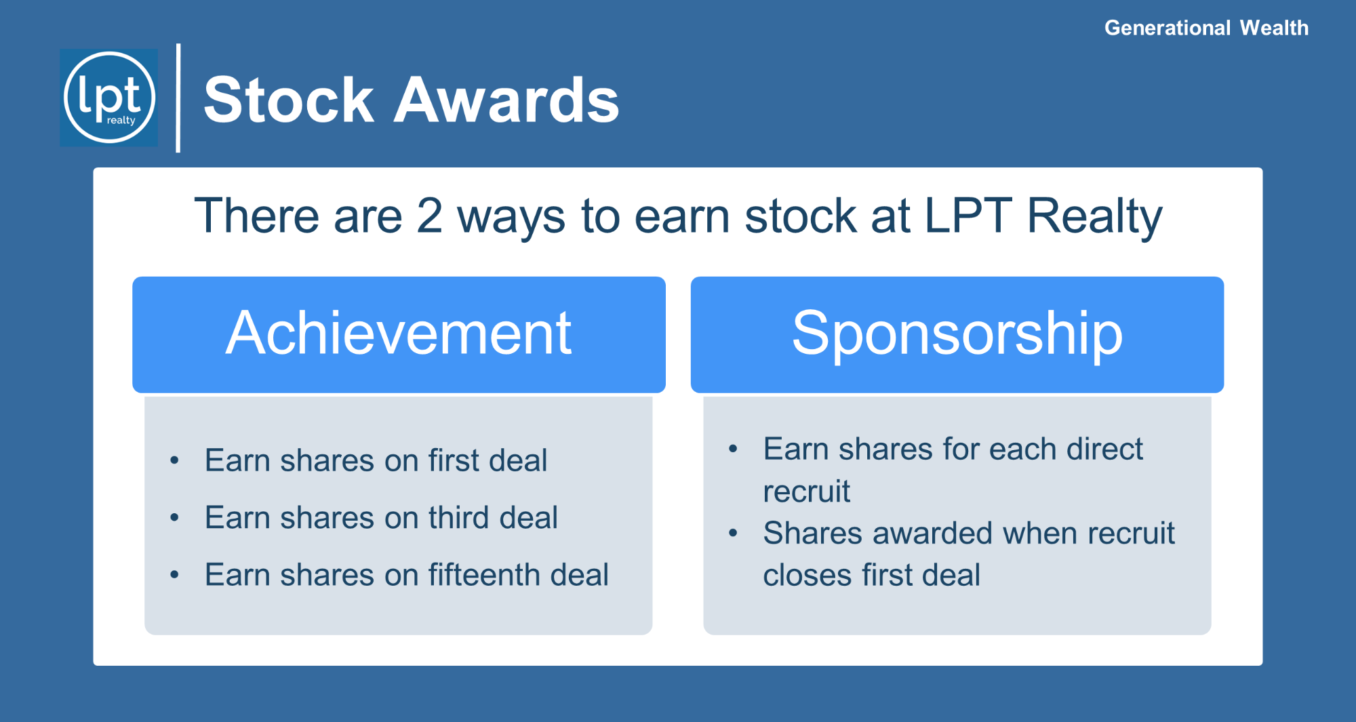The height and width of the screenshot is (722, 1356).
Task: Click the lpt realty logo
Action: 109,98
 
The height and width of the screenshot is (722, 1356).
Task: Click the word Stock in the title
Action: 289,100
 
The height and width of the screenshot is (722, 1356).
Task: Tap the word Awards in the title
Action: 506,100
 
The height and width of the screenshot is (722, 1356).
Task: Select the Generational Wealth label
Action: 1206,28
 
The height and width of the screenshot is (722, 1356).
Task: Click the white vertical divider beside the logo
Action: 178,98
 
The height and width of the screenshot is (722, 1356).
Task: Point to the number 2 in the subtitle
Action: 429,216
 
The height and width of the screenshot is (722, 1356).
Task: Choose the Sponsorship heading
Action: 957,334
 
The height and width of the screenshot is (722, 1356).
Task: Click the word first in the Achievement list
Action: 454,460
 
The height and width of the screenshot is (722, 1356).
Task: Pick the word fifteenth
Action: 483,574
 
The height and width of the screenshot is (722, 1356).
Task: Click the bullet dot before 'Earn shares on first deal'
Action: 175,461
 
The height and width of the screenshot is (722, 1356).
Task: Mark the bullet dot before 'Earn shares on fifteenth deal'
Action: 175,575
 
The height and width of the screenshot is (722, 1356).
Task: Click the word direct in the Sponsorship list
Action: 1104,449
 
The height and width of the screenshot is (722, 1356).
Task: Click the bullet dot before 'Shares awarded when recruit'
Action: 733,534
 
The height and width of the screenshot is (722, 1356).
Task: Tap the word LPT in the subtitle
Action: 968,216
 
